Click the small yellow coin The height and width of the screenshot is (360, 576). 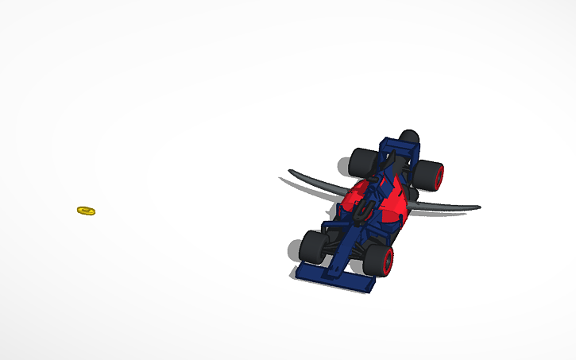pyautogui.click(x=86, y=211)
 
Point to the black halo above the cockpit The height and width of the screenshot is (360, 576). pyautogui.click(x=366, y=209)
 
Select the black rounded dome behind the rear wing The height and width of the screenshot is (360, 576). pyautogui.click(x=409, y=136)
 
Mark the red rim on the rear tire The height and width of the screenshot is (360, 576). pyautogui.click(x=439, y=176)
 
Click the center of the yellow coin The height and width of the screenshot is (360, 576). pyautogui.click(x=86, y=211)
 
